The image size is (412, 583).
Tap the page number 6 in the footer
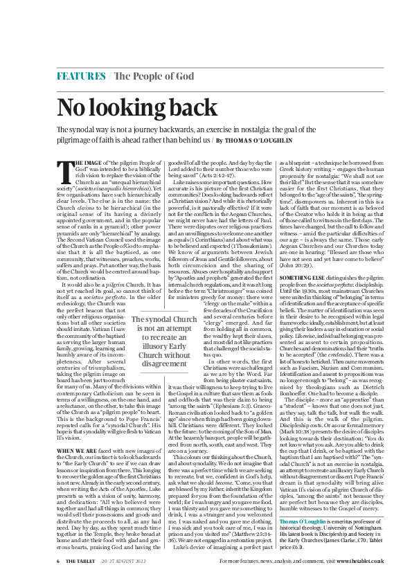tap(58, 561)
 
